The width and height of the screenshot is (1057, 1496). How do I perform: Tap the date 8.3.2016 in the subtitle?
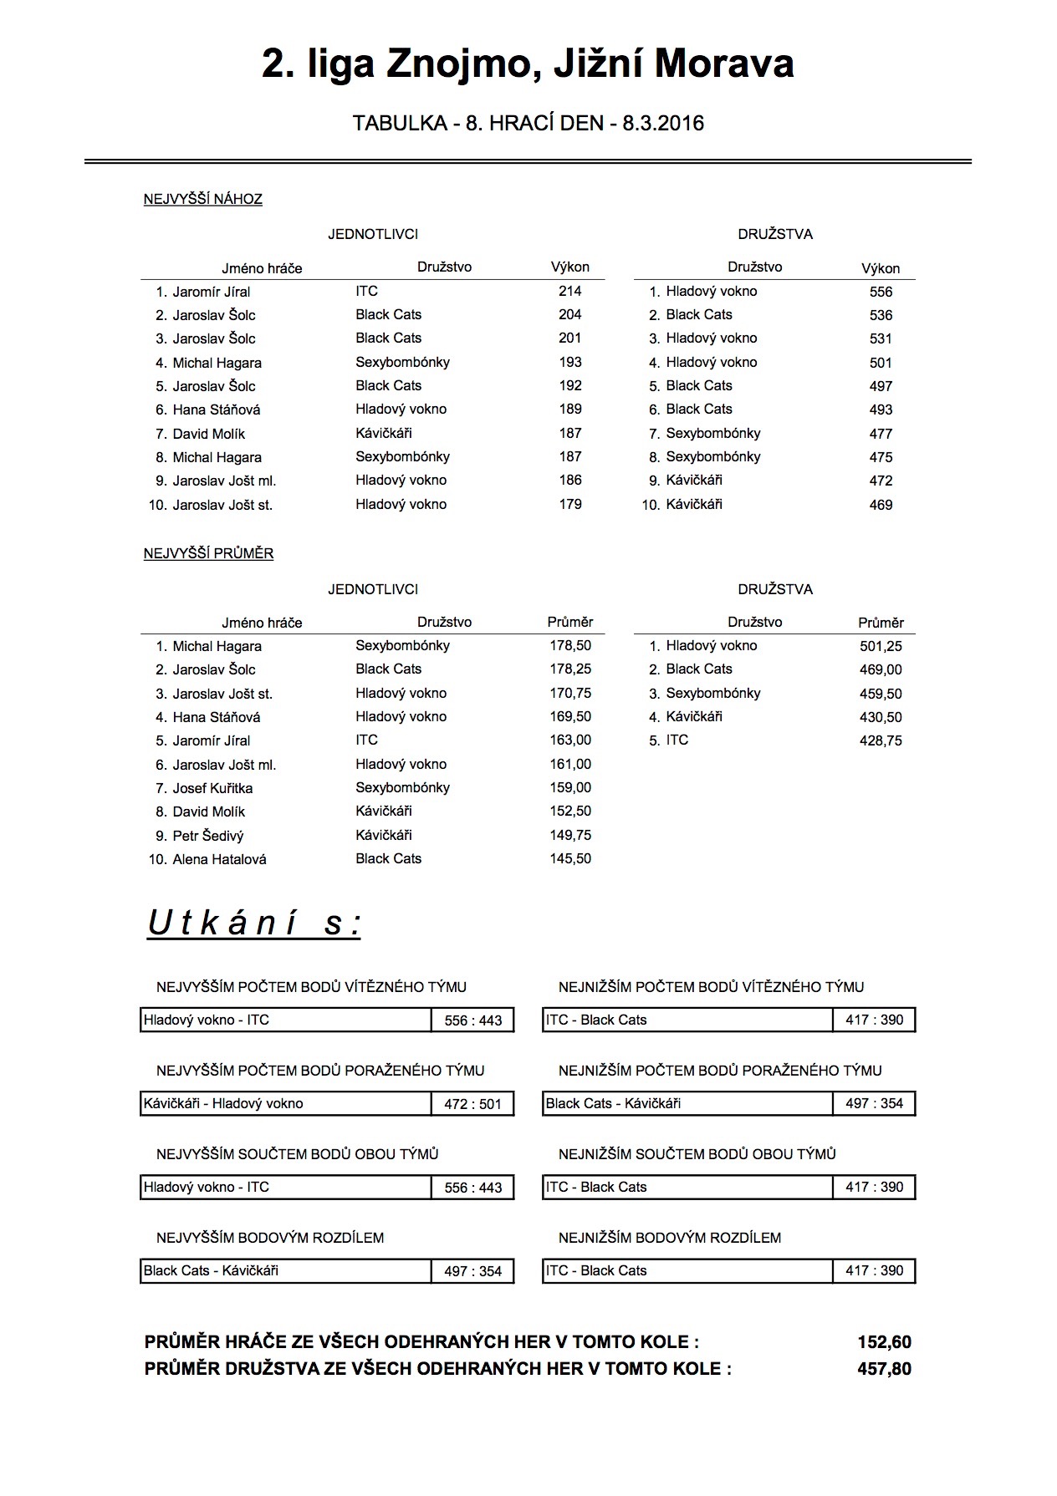pyautogui.click(x=663, y=124)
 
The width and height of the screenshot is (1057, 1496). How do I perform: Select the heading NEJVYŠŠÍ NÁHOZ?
pyautogui.click(x=203, y=199)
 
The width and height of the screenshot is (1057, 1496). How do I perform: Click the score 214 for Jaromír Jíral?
pyautogui.click(x=570, y=291)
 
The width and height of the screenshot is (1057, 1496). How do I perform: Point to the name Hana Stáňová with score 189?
pyautogui.click(x=217, y=410)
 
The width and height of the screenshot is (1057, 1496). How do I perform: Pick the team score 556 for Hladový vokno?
pyautogui.click(x=881, y=292)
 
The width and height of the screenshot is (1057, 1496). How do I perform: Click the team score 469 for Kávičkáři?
pyautogui.click(x=881, y=505)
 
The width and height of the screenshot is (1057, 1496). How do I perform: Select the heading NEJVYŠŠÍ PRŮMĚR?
pyautogui.click(x=208, y=553)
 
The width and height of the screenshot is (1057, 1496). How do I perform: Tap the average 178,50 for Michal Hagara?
pyautogui.click(x=570, y=646)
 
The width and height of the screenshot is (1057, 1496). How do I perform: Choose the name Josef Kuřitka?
pyautogui.click(x=212, y=788)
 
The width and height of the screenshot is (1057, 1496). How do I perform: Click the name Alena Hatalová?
pyautogui.click(x=219, y=859)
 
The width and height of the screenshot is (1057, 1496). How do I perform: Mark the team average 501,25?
pyautogui.click(x=881, y=646)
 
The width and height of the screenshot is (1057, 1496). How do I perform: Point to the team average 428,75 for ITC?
pyautogui.click(x=881, y=740)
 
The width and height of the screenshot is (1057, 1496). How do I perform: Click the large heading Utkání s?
pyautogui.click(x=254, y=924)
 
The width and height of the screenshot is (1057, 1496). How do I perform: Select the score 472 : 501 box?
pyautogui.click(x=472, y=1104)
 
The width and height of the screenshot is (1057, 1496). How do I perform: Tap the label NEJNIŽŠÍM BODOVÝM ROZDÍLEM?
pyautogui.click(x=670, y=1238)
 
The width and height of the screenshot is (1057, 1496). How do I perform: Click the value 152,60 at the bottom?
pyautogui.click(x=884, y=1342)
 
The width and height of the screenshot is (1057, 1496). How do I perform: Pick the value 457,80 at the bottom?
pyautogui.click(x=884, y=1369)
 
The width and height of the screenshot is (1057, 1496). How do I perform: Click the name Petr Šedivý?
pyautogui.click(x=208, y=836)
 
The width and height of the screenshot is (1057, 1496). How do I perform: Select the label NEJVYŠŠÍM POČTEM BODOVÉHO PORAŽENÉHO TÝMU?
pyautogui.click(x=320, y=1071)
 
